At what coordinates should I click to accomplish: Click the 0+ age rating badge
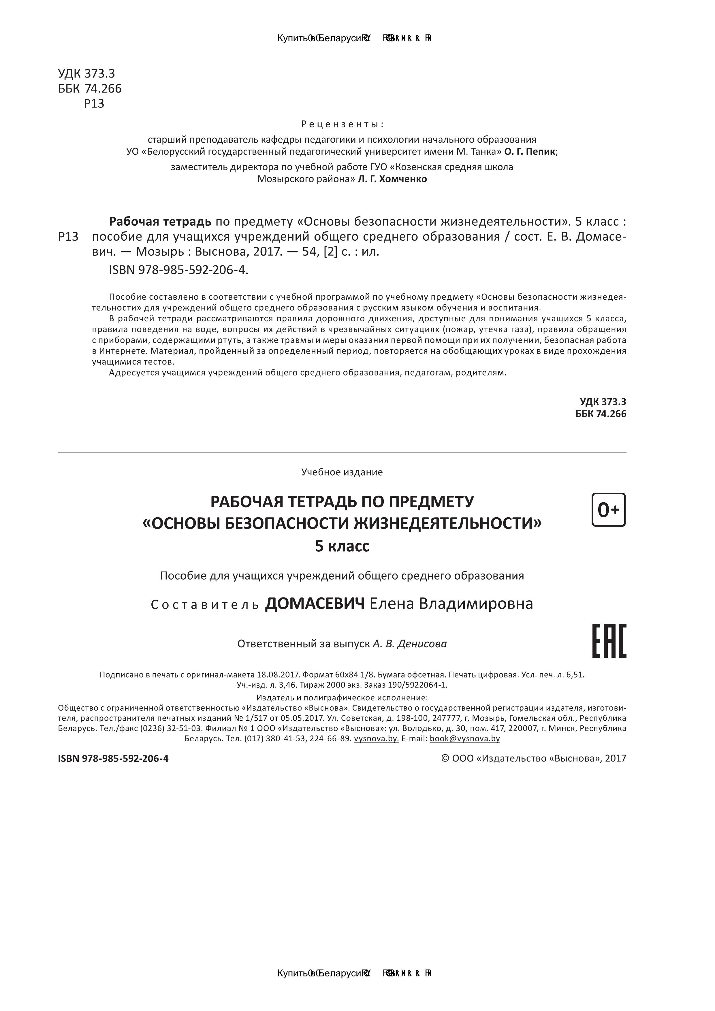[608, 510]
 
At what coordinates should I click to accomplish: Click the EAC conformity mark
[609, 641]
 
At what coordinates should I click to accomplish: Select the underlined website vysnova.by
[376, 738]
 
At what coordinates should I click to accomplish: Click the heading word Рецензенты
[342, 124]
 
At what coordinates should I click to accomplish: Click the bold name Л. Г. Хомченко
[392, 179]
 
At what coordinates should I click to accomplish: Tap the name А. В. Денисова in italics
[410, 644]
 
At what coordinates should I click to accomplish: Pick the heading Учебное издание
[342, 472]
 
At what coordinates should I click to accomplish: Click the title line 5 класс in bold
[342, 546]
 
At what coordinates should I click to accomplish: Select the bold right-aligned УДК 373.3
[603, 401]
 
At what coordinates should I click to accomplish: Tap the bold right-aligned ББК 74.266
[601, 414]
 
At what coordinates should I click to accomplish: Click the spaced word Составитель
[205, 605]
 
